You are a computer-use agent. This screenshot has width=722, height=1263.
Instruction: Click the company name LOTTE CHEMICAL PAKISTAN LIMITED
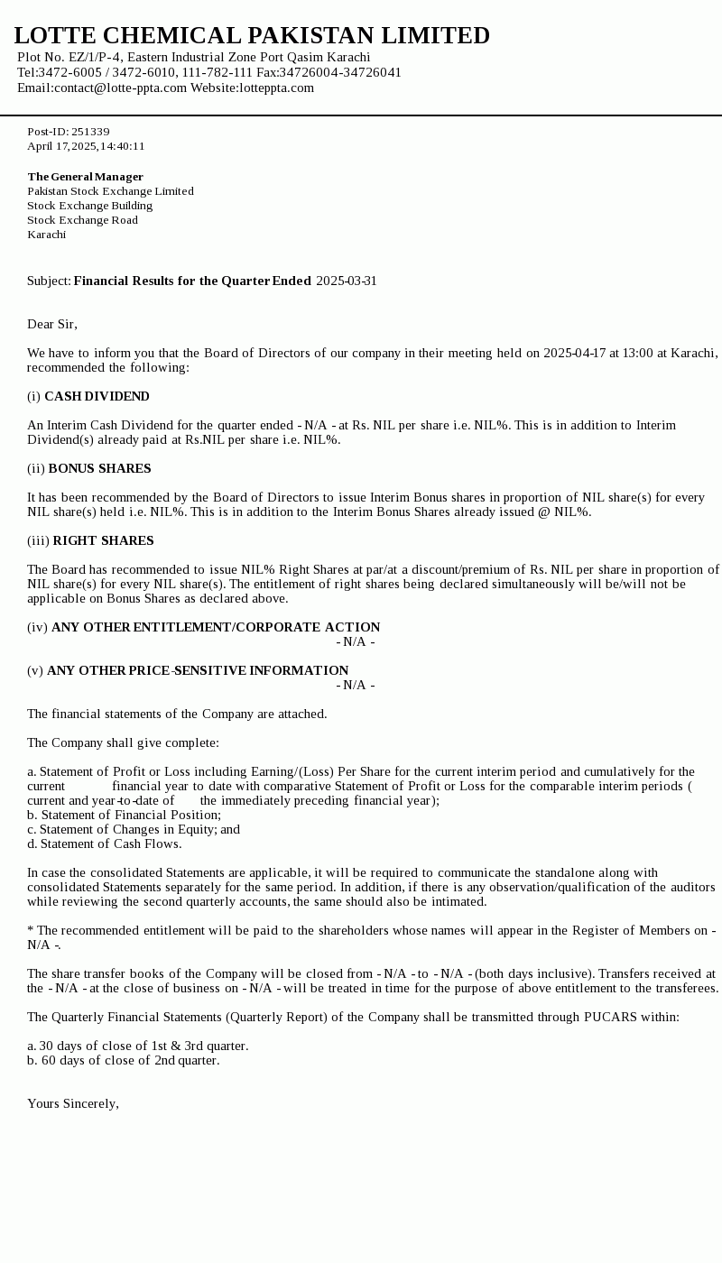252,35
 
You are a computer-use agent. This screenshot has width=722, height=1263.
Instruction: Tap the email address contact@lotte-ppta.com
120,88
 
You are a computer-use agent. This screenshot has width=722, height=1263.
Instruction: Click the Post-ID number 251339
90,132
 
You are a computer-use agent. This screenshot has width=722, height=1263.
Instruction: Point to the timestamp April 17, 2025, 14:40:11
86,146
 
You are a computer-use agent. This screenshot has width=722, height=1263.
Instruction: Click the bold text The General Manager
85,177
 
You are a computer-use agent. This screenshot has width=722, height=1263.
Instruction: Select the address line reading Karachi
46,235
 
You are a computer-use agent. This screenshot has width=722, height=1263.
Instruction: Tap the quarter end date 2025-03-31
347,281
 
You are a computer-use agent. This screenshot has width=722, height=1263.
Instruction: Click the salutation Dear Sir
51,324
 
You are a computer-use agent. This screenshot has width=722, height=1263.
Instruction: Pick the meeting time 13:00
637,353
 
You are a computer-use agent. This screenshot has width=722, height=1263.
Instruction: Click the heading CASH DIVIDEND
97,396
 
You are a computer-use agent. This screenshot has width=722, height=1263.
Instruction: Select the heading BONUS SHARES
99,468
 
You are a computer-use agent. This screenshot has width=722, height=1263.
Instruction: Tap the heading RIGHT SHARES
103,540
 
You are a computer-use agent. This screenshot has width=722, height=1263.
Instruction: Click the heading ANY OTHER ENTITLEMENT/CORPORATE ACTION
216,627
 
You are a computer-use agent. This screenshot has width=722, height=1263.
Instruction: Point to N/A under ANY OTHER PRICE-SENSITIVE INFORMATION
355,685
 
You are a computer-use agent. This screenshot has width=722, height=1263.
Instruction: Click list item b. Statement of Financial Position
124,815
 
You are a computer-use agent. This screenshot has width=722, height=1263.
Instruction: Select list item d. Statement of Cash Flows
104,844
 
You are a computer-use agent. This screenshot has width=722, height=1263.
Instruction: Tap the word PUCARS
609,1017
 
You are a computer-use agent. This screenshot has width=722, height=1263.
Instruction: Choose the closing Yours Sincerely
72,1103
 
